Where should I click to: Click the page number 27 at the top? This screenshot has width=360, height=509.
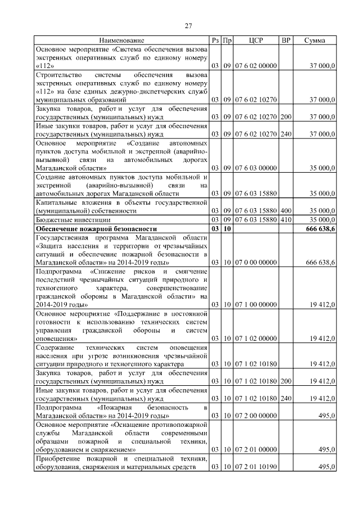(x=189, y=25)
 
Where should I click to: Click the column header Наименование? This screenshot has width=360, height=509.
(x=121, y=40)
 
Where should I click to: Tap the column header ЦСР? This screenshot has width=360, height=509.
(x=256, y=40)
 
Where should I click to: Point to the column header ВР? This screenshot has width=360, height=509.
(x=286, y=40)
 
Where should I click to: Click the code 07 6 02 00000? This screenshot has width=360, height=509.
(x=256, y=66)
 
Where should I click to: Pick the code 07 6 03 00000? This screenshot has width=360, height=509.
(x=256, y=168)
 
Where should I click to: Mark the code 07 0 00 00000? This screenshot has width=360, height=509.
(x=256, y=263)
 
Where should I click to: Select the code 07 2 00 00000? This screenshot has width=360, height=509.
(x=256, y=415)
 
